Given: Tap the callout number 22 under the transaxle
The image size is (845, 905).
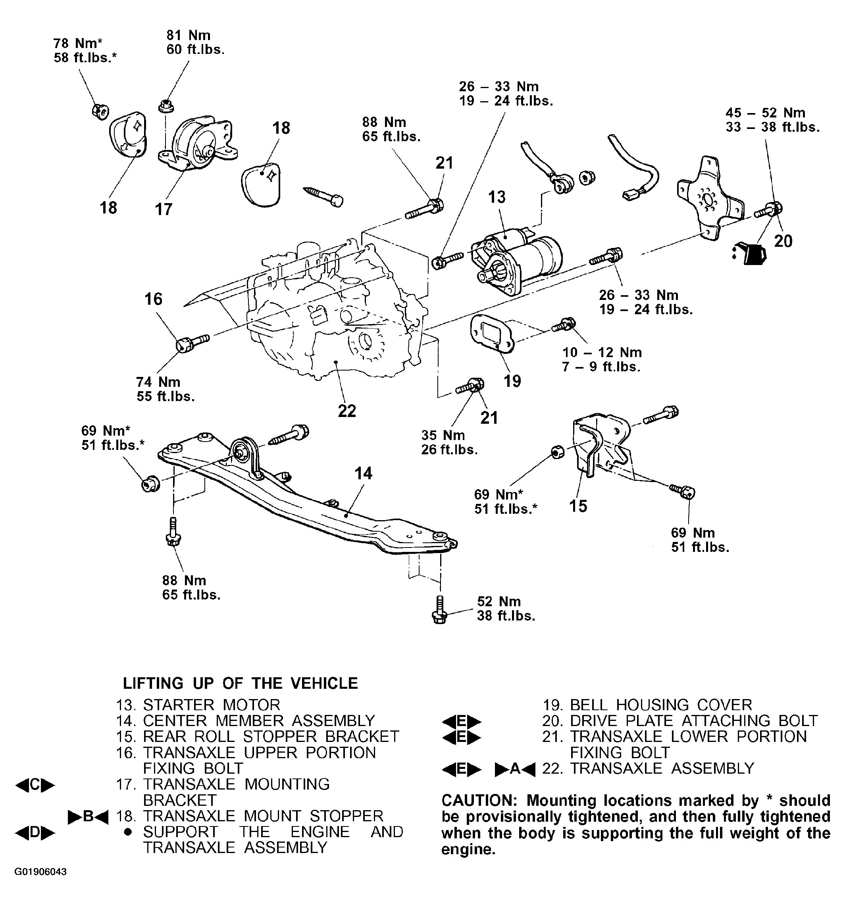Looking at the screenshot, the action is point(347,411).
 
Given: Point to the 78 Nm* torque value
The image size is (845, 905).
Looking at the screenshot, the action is point(78,43).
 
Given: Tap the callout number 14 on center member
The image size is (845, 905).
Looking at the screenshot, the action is point(363,473).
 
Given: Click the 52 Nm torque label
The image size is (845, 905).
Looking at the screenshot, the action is point(499,601).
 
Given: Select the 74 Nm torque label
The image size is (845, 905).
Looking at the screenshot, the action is point(158,382).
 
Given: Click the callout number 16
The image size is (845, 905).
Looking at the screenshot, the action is point(154,299).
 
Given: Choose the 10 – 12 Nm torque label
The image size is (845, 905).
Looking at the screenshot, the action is point(602,352).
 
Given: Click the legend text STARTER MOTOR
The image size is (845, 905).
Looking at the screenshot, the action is point(212,705).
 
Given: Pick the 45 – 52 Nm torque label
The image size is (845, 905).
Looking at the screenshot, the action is point(765,112).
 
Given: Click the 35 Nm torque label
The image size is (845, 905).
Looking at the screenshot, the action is point(443,435).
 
